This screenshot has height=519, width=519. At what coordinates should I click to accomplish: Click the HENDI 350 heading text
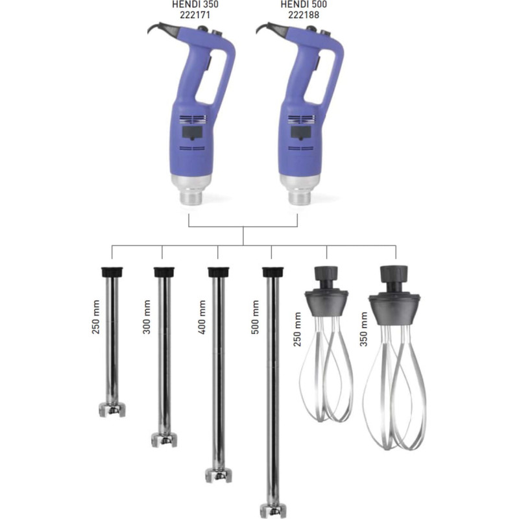coord(195,5)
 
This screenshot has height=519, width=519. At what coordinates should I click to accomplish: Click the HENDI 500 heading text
coord(304,5)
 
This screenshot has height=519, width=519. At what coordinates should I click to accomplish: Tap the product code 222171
coord(195,15)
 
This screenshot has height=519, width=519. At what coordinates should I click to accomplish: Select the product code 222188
coord(304,15)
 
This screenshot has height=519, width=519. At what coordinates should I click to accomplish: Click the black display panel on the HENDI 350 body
coord(192,133)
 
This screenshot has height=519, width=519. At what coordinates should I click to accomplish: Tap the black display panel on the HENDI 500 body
coord(300,133)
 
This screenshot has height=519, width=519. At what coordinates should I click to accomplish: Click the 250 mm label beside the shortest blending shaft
coord(95,317)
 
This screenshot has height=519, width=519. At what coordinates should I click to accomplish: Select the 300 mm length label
coord(147,317)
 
